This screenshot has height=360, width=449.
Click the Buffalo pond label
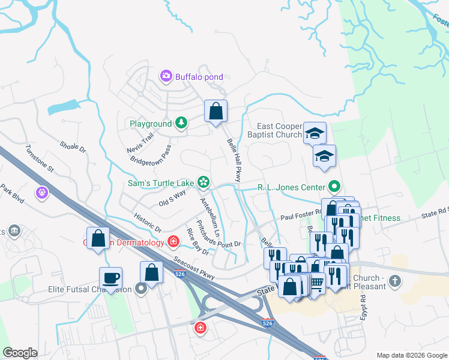(199, 77)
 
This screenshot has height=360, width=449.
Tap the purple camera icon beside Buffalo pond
(166, 76)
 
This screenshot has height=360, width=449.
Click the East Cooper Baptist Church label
(279, 130)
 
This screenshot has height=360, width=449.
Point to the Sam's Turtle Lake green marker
(203, 181)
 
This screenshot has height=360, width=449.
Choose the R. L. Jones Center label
(291, 187)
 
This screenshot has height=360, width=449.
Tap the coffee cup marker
(111, 278)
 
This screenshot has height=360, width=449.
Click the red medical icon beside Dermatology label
(173, 242)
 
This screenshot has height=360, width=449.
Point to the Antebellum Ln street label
(211, 217)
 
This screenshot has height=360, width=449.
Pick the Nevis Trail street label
(140, 142)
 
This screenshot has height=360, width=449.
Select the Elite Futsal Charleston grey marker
(141, 289)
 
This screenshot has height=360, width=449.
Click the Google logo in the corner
(20, 353)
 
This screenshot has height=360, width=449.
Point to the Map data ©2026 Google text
(411, 355)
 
